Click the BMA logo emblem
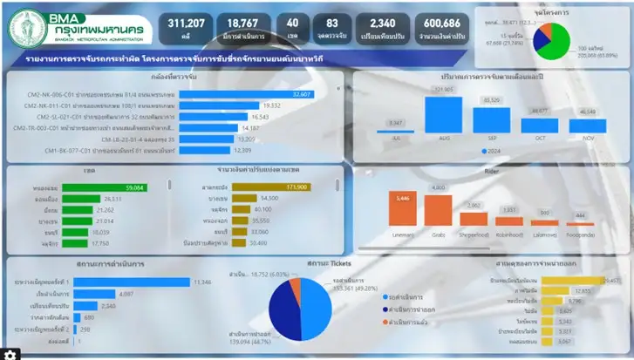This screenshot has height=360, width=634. [28, 27]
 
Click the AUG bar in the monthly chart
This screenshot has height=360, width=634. [444, 114]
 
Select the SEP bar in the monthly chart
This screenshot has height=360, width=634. [492, 119]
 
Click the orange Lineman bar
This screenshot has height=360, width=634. [402, 209]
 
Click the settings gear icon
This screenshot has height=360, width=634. [9, 354]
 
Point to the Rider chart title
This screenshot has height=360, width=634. [492, 171]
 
